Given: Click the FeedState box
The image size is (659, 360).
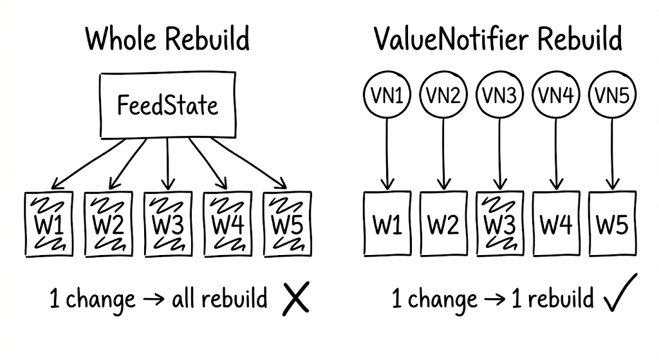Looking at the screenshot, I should click(x=167, y=105).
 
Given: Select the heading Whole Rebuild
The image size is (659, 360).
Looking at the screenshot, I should click(x=167, y=40).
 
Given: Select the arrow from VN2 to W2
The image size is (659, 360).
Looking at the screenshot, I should click(x=443, y=152).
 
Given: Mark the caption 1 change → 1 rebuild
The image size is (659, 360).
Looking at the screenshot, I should click(x=492, y=299).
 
